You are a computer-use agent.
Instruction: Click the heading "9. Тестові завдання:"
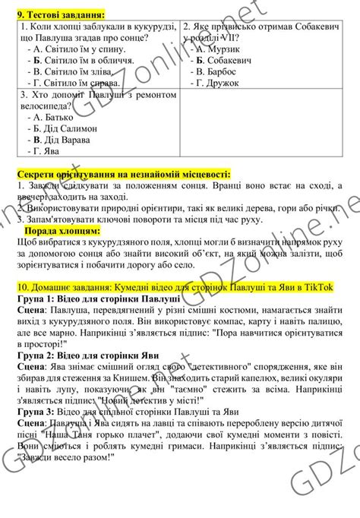click(x=61, y=14)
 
